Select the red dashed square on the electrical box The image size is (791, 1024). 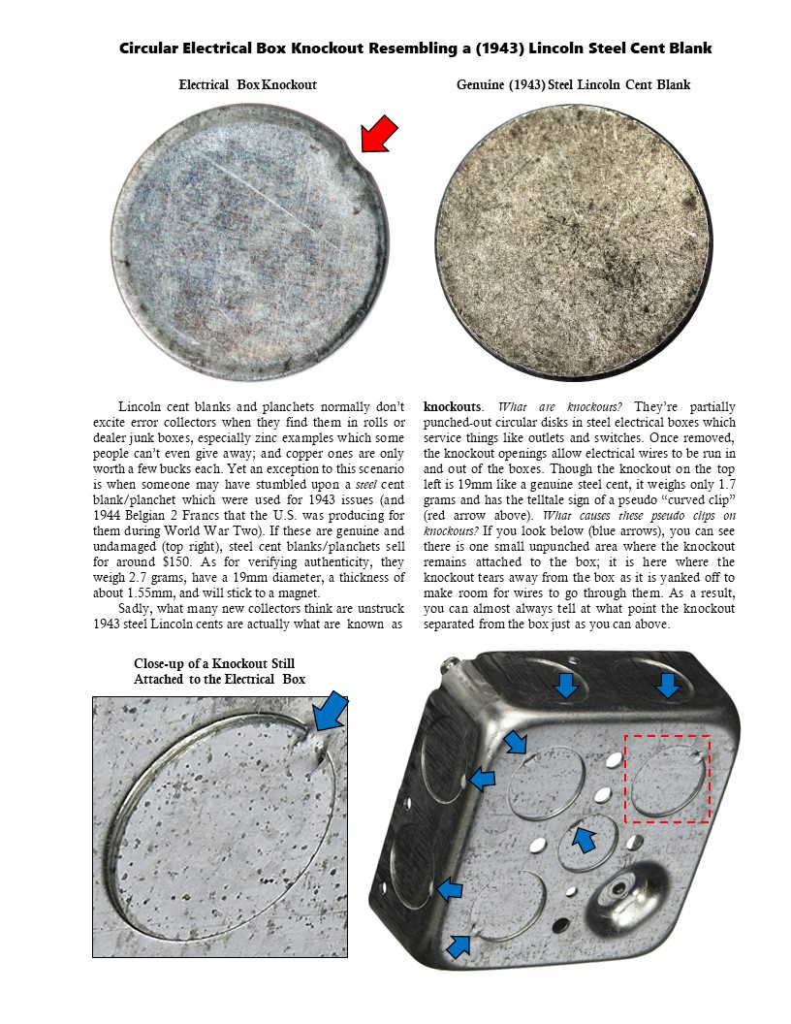[667, 779]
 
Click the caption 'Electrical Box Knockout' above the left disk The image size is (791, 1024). [247, 85]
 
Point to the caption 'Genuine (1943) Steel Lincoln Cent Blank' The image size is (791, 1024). [573, 85]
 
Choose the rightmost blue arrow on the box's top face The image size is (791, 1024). [667, 687]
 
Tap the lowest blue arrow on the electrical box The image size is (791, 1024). [459, 944]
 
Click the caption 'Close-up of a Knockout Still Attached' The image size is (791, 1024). [219, 671]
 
